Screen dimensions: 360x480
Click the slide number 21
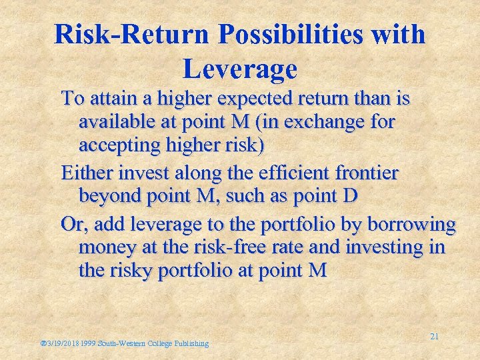(434, 337)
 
